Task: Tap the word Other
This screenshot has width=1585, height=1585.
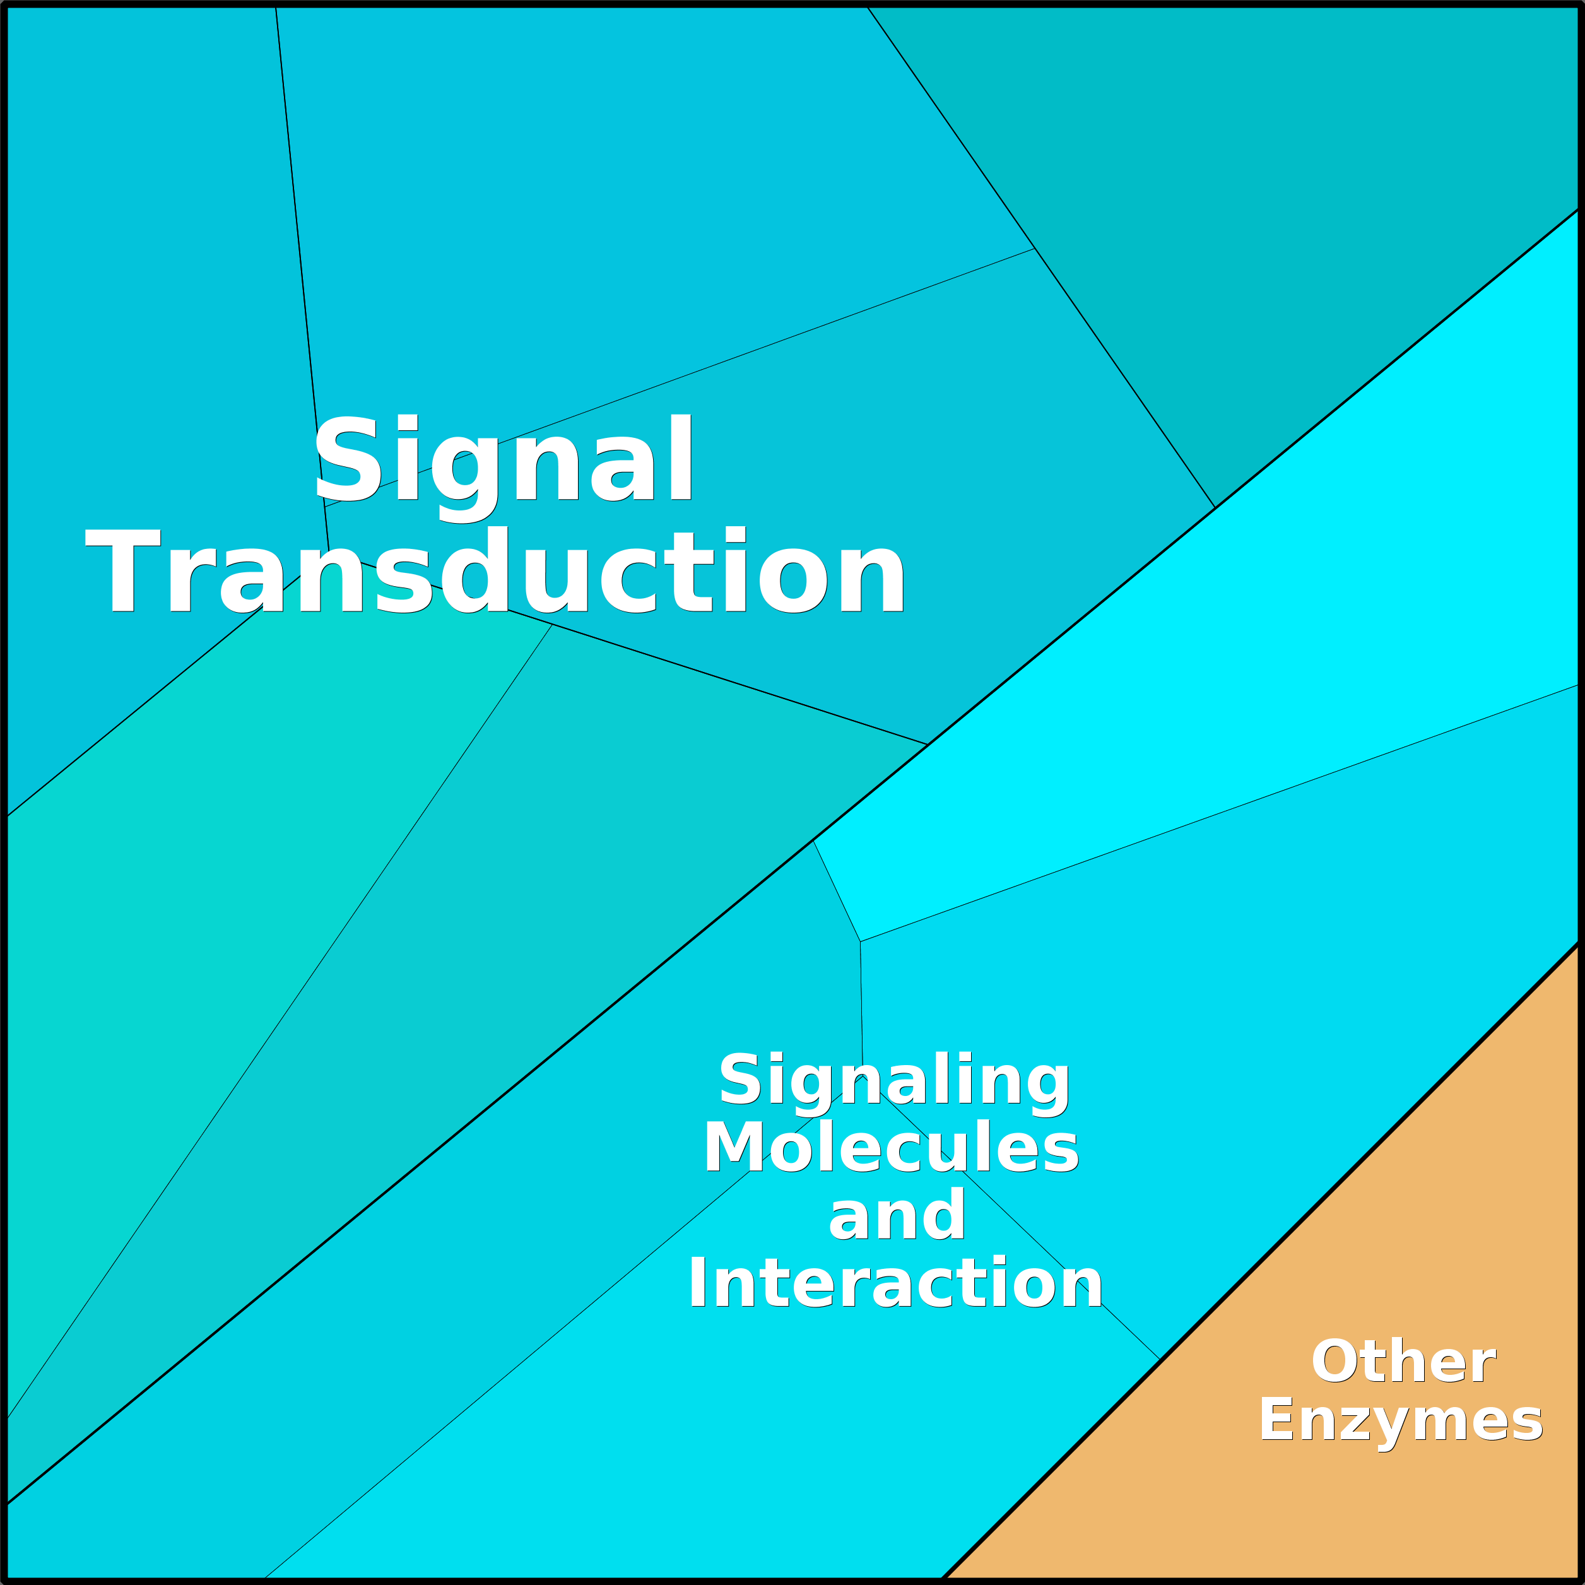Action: [x=1404, y=1362]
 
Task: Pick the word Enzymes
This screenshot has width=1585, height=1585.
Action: [x=1401, y=1421]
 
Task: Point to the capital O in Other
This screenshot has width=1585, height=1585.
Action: [x=1335, y=1362]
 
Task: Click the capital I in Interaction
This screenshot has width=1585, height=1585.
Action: [x=697, y=1282]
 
